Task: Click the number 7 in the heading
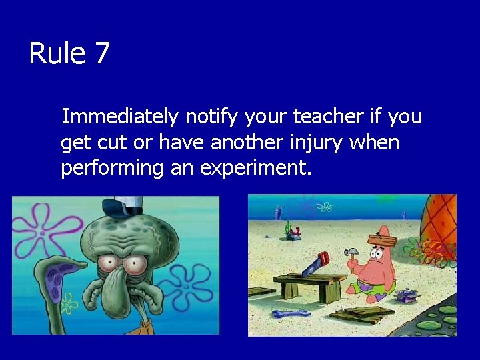(x=101, y=53)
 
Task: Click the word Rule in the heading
(x=58, y=53)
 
